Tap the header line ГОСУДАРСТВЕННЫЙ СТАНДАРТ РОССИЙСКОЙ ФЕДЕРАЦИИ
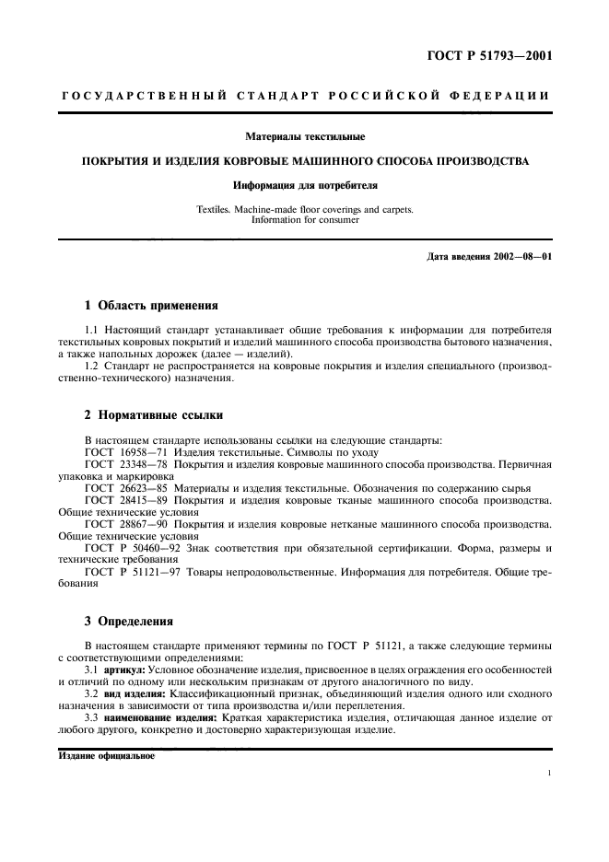(x=305, y=96)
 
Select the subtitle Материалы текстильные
(x=304, y=137)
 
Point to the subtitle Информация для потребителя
(x=304, y=184)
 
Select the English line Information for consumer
(x=304, y=220)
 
